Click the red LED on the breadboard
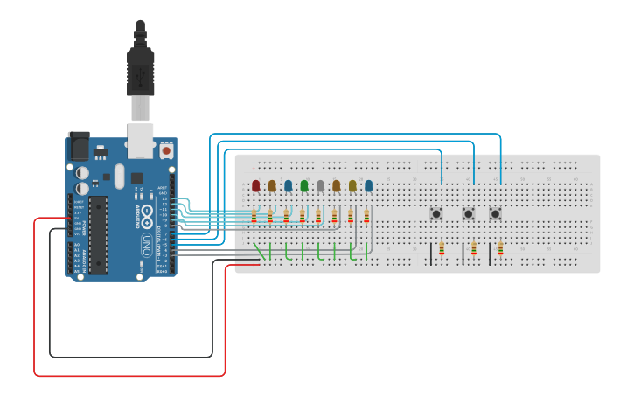pyautogui.click(x=255, y=185)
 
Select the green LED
pyautogui.click(x=304, y=185)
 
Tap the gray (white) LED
pyautogui.click(x=320, y=185)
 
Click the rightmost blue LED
pyautogui.click(x=368, y=185)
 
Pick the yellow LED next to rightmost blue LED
pyautogui.click(x=352, y=185)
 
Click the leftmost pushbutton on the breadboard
pyautogui.click(x=435, y=213)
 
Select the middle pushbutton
pyautogui.click(x=469, y=213)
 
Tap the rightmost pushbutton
pyautogui.click(x=496, y=213)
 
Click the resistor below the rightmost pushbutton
pyautogui.click(x=500, y=249)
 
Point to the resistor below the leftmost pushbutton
pyautogui.click(x=442, y=249)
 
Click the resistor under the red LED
pyautogui.click(x=254, y=215)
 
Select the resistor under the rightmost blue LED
pyautogui.click(x=366, y=215)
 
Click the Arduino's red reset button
pyautogui.click(x=165, y=150)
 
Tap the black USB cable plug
pyautogui.click(x=140, y=70)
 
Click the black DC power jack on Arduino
pyautogui.click(x=79, y=144)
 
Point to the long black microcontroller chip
pyautogui.click(x=99, y=233)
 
